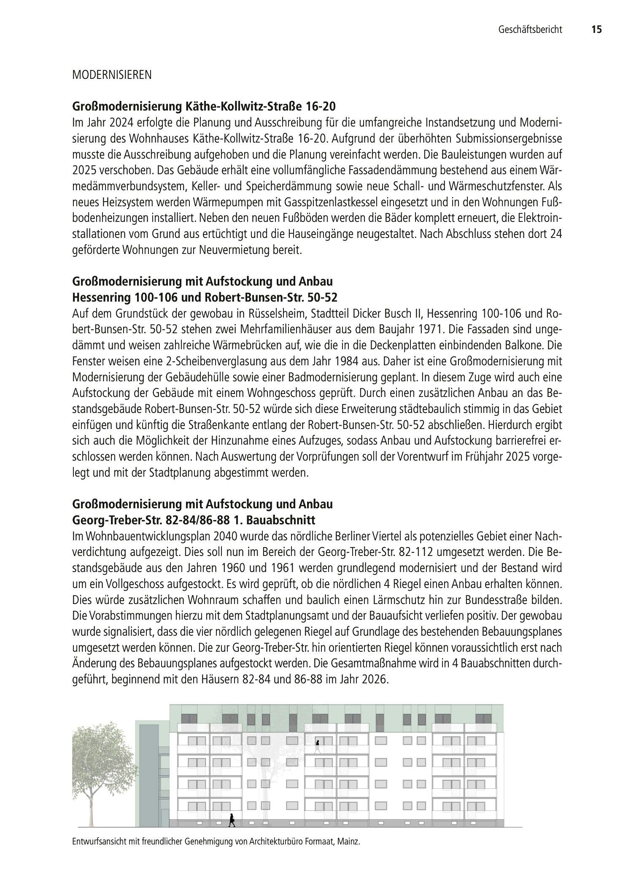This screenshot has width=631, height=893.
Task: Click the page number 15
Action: pos(596,30)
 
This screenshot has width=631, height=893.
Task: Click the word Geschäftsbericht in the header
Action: pos(530,30)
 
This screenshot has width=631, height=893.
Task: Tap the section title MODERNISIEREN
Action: pos(112,76)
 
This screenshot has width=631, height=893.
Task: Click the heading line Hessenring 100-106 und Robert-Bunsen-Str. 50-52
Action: pos(205,297)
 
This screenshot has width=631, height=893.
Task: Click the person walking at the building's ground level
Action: pos(231,820)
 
